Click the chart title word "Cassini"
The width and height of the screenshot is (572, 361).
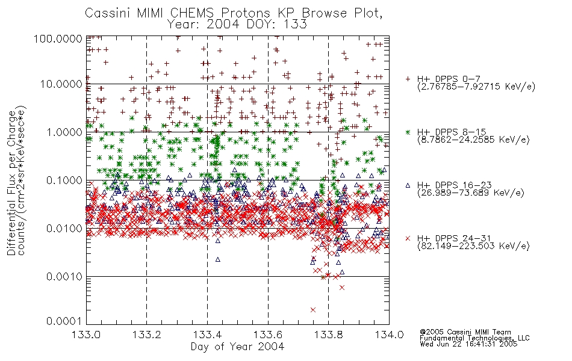point(108,13)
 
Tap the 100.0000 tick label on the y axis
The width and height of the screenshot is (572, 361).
point(58,39)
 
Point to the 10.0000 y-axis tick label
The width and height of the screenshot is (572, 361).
point(61,84)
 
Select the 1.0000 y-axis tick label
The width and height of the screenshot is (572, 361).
point(64,132)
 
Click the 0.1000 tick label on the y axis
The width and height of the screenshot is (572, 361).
point(64,180)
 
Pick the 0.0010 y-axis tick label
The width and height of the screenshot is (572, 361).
point(64,277)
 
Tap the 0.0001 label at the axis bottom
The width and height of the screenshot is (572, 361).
point(64,321)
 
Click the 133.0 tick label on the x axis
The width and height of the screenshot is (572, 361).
point(86,335)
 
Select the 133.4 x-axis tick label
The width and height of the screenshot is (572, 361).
point(207,335)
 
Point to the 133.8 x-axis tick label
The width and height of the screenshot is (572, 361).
point(328,335)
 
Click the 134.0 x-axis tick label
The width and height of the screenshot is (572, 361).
point(389,335)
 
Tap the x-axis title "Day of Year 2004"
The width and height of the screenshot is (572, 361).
point(237,347)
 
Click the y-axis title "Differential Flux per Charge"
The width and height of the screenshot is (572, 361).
point(11,183)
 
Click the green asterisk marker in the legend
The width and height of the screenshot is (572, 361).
point(408,132)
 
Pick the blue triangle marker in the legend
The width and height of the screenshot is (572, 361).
point(408,185)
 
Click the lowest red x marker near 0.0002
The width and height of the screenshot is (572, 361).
point(313,310)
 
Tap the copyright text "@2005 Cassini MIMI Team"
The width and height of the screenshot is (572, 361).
point(465,332)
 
